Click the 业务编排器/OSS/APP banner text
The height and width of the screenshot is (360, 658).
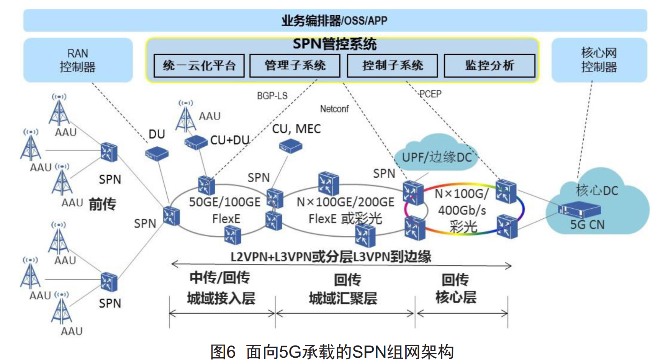coord(334,20)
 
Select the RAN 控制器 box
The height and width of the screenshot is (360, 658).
coord(78,60)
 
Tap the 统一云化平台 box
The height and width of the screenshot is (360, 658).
coord(199,65)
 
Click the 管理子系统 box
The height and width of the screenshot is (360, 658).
coord(295,65)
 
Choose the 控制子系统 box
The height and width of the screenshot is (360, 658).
coord(392,65)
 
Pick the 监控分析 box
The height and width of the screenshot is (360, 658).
coord(489,65)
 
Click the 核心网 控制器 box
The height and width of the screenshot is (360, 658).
coord(599,60)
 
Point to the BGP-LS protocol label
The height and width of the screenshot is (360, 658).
coord(272,96)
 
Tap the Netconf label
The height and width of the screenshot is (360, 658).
coord(334,109)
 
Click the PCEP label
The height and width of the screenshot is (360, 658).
coord(430,94)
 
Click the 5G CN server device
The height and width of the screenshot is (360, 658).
coord(579,209)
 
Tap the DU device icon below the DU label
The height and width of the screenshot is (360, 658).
coord(157,154)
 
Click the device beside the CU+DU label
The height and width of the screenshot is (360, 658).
coord(196,142)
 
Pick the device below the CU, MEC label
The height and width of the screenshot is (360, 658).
coord(290,146)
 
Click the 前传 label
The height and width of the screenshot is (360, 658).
coord(102,204)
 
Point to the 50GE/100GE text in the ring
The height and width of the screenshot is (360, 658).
coord(225,202)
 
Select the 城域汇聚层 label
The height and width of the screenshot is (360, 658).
coord(343,298)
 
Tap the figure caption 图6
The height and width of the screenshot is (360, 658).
coord(223,352)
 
